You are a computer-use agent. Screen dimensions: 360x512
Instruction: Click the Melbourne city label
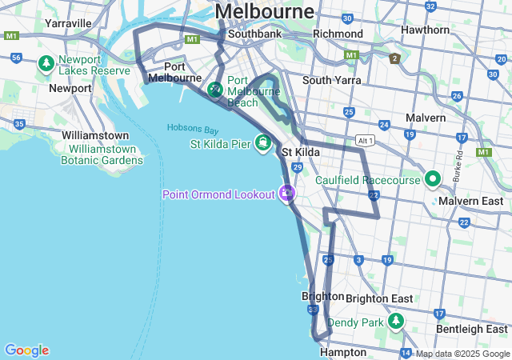point(265,11)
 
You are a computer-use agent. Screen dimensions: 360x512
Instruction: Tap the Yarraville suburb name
point(68,23)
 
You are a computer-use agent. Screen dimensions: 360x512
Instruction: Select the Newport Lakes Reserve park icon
point(47,62)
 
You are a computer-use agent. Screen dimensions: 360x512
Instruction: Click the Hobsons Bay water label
point(193,129)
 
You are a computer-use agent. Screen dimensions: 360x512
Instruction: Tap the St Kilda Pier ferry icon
point(262,144)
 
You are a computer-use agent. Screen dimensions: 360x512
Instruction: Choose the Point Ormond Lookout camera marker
point(286,193)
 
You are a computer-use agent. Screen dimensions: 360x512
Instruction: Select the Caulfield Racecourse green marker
point(433,179)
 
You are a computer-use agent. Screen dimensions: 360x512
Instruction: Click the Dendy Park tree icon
point(395,322)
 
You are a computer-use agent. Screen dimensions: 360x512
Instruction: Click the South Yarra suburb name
point(331,80)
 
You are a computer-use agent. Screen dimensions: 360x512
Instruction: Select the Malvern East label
point(470,201)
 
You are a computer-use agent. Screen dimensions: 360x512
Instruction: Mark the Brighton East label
point(379,298)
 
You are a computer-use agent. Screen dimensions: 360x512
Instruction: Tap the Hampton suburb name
point(342,352)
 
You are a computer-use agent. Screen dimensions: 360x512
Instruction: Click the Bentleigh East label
point(471,329)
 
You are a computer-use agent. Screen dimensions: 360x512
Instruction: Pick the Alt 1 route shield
point(366,140)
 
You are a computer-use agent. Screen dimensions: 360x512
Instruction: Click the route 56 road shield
point(16,58)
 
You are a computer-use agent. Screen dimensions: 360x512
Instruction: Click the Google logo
point(26,350)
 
